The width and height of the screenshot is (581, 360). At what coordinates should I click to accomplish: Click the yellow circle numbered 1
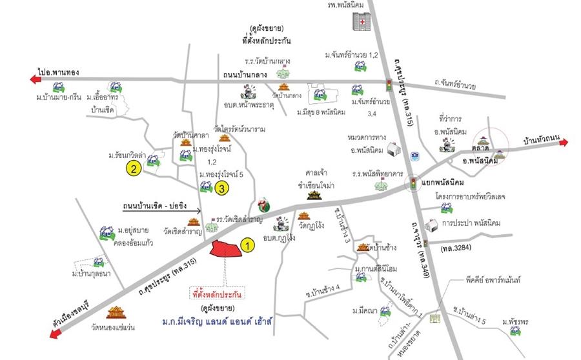[247, 245]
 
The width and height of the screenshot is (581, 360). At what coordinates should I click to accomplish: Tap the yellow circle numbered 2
[134, 170]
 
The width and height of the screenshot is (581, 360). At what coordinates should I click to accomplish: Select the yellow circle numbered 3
[221, 188]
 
